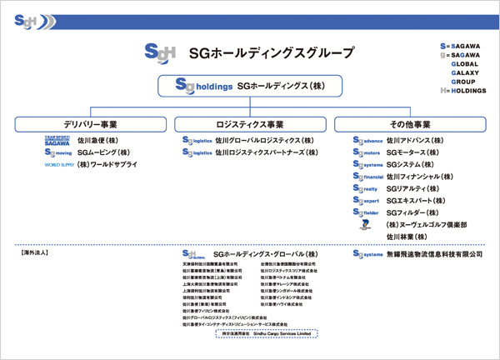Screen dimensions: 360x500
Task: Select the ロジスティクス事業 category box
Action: point(250,124)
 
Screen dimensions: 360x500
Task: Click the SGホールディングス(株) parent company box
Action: point(250,86)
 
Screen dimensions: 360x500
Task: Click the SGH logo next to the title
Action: point(159,51)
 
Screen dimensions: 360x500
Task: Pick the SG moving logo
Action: point(57,153)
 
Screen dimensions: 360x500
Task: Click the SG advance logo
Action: point(367,141)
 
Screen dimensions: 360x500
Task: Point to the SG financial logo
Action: point(367,177)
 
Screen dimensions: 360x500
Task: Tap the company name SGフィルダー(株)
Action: point(413,212)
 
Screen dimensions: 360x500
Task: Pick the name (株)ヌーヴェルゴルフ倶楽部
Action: point(425,225)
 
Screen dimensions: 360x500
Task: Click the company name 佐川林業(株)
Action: point(406,237)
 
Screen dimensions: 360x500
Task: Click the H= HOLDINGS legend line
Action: point(466,90)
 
